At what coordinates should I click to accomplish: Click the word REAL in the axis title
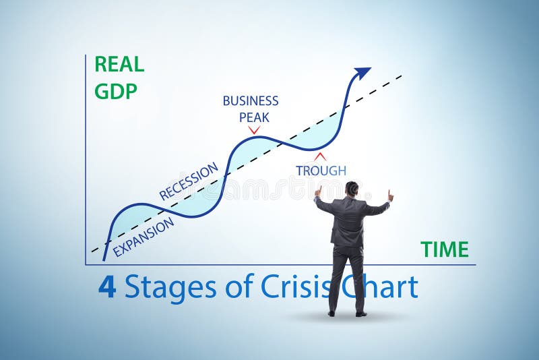119,64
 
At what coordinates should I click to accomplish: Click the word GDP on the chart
116,91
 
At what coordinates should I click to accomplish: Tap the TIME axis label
444,249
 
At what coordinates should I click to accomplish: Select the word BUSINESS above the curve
251,101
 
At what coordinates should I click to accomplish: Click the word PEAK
254,117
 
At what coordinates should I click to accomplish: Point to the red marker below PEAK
254,129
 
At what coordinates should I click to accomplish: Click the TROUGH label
321,171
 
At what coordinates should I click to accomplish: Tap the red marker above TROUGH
321,156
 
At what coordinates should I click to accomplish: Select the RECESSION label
189,181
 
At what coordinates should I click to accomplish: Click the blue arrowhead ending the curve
362,71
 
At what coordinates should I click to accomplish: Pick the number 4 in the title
107,287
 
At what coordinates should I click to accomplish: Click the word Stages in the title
170,288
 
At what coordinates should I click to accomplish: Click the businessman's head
352,189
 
